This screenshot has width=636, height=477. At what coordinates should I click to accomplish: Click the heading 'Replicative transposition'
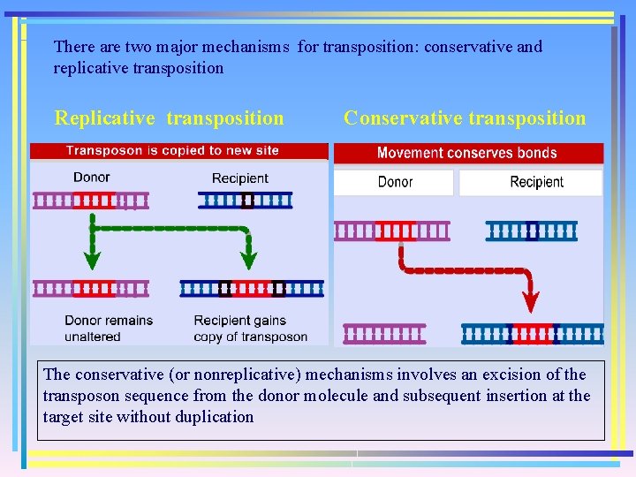170,118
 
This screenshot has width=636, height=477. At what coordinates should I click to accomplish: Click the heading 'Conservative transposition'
465,118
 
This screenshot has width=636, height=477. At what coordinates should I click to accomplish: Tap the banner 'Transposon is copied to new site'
172,151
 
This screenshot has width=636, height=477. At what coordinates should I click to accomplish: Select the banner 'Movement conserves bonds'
466,153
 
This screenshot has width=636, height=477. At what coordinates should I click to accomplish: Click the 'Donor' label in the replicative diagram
91,178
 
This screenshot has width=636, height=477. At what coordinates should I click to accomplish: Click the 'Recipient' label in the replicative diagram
239,178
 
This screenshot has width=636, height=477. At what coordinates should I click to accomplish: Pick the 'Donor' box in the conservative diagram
395,182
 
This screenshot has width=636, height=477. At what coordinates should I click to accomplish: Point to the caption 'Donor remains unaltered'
108,328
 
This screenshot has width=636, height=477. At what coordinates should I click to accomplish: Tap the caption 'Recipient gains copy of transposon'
250,328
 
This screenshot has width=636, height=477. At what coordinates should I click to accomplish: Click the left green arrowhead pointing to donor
91,260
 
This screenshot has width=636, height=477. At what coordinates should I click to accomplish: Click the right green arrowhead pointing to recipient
248,260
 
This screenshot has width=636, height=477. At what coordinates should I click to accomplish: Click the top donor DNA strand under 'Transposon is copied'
91,201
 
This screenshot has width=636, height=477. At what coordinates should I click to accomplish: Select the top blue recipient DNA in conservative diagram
531,231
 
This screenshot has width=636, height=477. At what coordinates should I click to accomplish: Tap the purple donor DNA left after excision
384,334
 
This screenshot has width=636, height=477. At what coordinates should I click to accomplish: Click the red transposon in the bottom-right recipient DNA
534,334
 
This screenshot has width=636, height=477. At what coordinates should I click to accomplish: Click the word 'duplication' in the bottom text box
212,417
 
